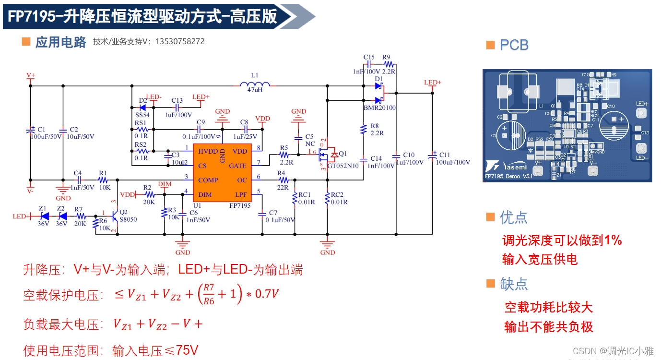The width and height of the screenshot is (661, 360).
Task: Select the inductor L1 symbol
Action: [x=255, y=85]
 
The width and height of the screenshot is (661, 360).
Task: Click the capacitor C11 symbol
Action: [x=433, y=155]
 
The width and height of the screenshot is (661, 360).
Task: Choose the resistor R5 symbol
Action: [x=283, y=155]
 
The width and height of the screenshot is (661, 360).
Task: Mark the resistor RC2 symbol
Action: [x=328, y=198]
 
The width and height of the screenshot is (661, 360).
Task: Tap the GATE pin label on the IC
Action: [x=238, y=166]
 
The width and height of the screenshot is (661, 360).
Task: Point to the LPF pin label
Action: [x=241, y=194]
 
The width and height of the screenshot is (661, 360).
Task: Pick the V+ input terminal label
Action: [x=31, y=75]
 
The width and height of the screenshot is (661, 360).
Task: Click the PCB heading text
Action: [x=514, y=45]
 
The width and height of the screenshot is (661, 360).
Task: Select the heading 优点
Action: [x=513, y=217]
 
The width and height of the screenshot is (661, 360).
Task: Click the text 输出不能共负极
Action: [x=549, y=327]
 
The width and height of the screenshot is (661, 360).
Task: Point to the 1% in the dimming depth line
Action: [x=613, y=240]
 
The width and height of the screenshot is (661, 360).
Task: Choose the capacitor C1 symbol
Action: [x=30, y=129]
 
